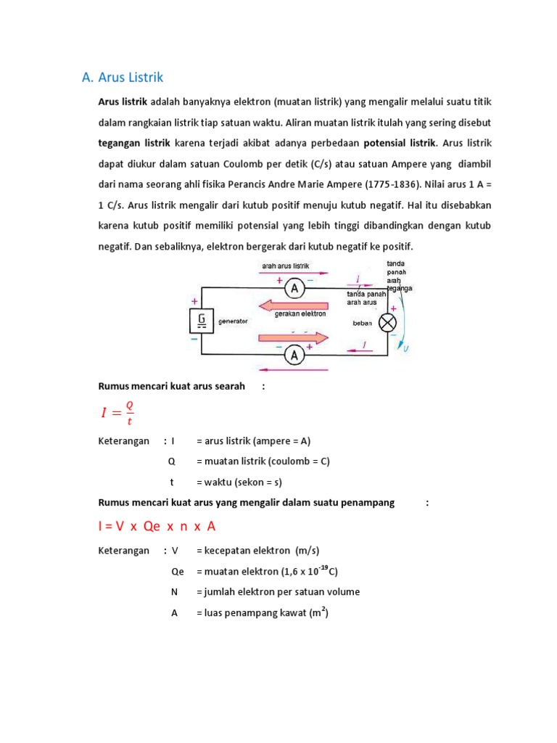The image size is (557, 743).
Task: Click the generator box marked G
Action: pyautogui.click(x=202, y=320)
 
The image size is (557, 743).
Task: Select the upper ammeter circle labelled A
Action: pyautogui.click(x=294, y=288)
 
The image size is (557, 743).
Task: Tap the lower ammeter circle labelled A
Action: pyautogui.click(x=294, y=355)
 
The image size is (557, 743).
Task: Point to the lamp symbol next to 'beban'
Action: pyautogui.click(x=389, y=321)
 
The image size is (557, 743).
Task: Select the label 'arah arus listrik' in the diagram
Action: pyautogui.click(x=286, y=266)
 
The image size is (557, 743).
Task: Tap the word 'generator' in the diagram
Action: pyautogui.click(x=232, y=321)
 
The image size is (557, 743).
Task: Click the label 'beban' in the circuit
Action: pyautogui.click(x=362, y=323)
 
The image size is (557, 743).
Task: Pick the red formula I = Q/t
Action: pyautogui.click(x=117, y=413)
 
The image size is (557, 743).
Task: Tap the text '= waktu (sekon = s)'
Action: pyautogui.click(x=239, y=482)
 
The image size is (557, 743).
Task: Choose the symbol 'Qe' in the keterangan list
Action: pyautogui.click(x=178, y=572)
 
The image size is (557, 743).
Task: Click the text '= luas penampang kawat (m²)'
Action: pyautogui.click(x=262, y=613)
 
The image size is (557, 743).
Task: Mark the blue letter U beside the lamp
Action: pyautogui.click(x=406, y=349)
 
